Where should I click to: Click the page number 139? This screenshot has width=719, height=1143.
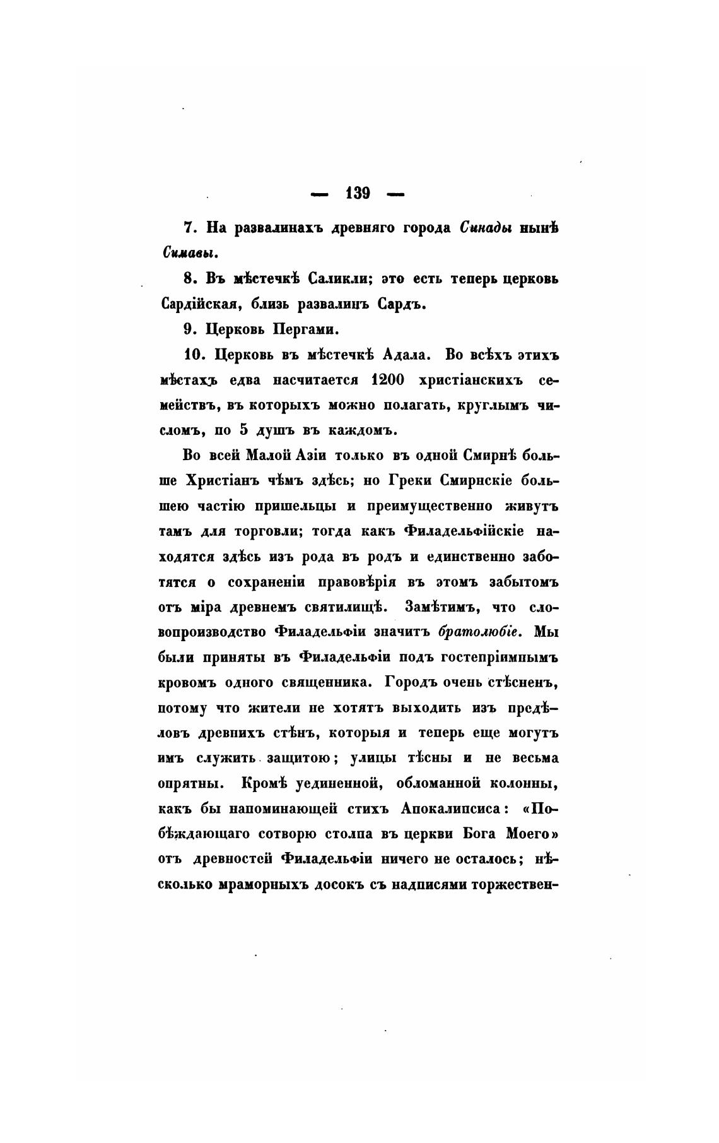point(358,193)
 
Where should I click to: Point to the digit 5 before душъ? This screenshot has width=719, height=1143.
point(243,431)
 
